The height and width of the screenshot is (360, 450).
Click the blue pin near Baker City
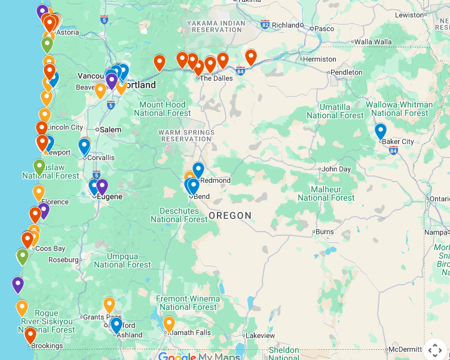point(381,131)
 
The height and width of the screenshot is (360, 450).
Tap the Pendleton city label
point(346,72)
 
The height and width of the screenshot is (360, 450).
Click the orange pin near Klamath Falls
point(169,324)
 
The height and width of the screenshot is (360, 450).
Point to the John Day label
point(336,169)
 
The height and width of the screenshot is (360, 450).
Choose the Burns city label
point(325,232)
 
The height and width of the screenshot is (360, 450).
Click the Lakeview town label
point(260,336)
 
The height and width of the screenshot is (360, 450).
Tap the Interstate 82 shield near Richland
point(265,24)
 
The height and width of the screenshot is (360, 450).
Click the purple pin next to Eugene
point(102,186)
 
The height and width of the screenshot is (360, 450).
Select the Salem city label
point(111,130)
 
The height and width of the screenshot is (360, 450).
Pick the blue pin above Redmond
point(198,170)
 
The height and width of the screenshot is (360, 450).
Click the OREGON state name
point(230,215)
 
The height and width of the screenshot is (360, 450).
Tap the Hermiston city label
point(320,59)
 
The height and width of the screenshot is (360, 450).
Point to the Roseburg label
point(64,260)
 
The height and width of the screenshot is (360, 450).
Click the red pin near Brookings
point(30,335)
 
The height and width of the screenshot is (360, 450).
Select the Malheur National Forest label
point(326,193)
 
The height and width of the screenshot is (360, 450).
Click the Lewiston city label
point(409,14)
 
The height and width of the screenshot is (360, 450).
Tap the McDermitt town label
point(405,349)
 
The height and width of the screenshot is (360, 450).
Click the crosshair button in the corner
point(435,350)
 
